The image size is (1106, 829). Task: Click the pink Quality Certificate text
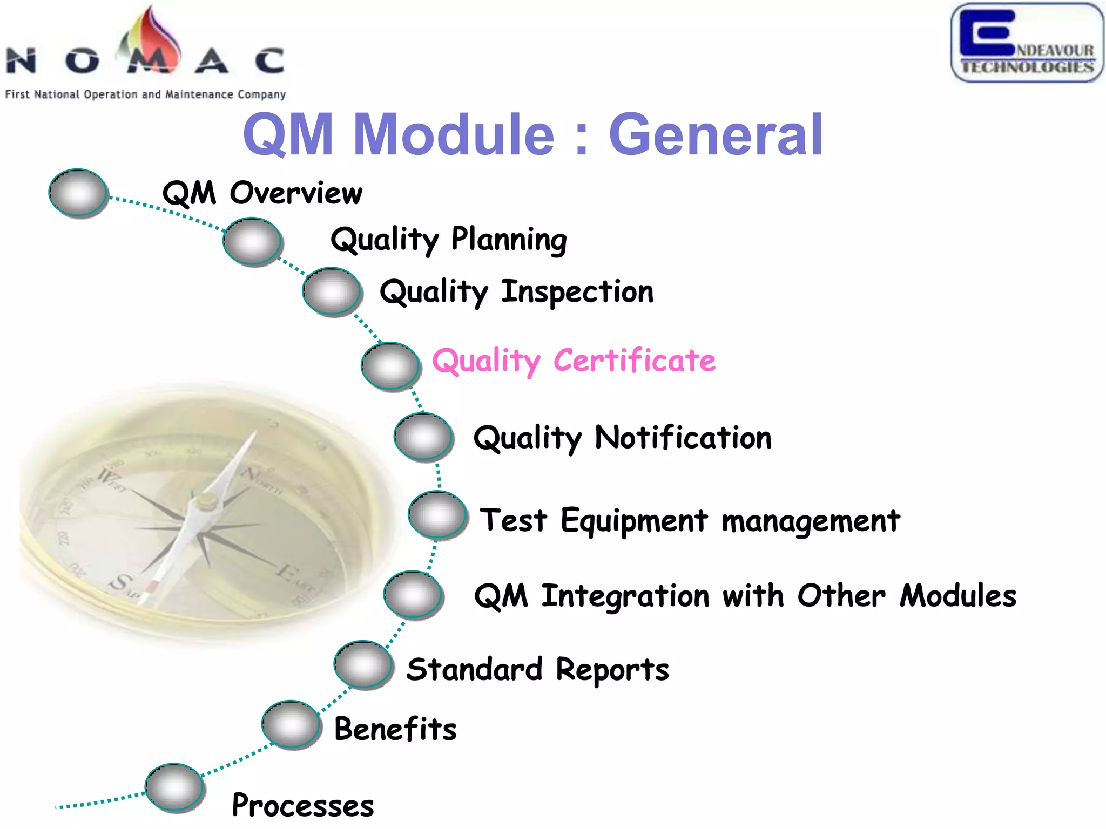(574, 361)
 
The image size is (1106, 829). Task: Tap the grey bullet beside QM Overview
(78, 193)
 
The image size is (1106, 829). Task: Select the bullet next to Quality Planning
(252, 241)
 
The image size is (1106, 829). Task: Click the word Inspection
(577, 292)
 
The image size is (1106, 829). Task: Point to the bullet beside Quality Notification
(423, 437)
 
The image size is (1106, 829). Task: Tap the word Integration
(625, 596)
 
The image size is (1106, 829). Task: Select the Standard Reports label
(537, 670)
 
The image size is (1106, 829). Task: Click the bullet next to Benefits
(291, 724)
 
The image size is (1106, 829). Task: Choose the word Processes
(302, 806)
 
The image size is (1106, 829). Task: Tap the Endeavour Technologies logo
(1027, 43)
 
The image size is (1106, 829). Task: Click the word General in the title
(715, 135)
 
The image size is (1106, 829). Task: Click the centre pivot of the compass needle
(206, 502)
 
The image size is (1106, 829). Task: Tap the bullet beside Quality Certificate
(390, 366)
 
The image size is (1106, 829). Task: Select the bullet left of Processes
(174, 787)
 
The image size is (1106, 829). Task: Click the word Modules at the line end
(958, 596)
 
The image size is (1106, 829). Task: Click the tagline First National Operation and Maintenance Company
(145, 94)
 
